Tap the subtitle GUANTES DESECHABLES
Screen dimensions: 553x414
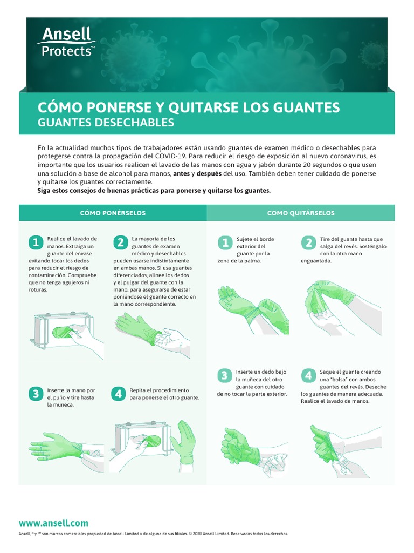click(x=106, y=123)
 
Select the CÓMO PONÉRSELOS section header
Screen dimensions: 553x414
click(x=113, y=213)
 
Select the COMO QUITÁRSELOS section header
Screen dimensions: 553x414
click(x=301, y=213)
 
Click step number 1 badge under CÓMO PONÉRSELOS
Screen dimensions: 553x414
click(x=36, y=242)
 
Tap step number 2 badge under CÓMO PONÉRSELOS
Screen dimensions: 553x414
click(x=120, y=242)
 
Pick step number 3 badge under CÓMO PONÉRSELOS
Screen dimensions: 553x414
click(x=36, y=394)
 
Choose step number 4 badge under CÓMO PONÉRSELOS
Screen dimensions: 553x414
click(x=119, y=394)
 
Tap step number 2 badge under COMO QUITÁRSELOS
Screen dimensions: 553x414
click(x=308, y=242)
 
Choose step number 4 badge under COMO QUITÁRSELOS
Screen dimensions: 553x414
click(x=308, y=375)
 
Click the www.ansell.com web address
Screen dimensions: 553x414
click(x=53, y=523)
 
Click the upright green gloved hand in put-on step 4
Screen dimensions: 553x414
click(x=185, y=440)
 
